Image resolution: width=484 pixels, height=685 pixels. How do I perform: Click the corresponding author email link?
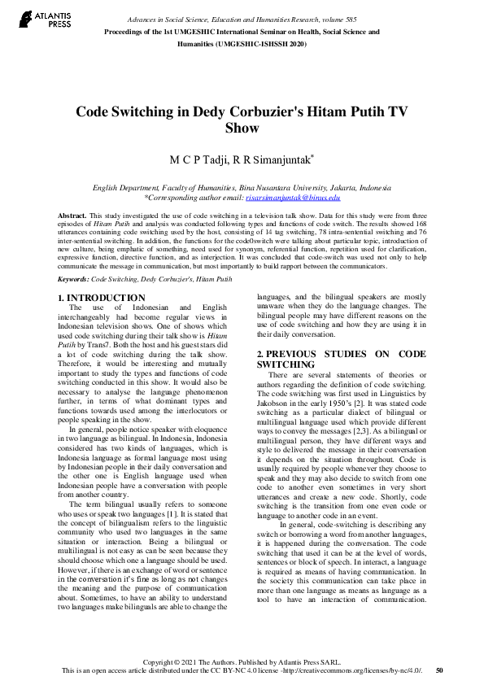(x=293, y=197)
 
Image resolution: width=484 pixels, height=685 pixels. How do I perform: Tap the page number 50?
(x=440, y=670)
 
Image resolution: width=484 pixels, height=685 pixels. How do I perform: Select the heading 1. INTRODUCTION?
(x=105, y=298)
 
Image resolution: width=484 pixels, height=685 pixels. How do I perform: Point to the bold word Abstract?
(x=72, y=215)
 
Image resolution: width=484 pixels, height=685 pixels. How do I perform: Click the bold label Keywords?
(x=73, y=278)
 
